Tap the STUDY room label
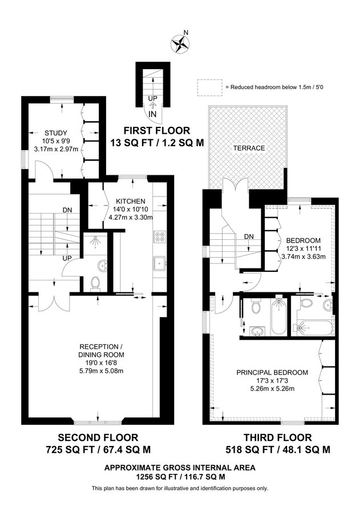[56, 133]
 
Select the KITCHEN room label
[131, 201]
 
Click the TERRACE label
[249, 148]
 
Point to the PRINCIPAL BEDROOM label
[272, 372]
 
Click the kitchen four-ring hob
[160, 236]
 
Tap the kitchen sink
[160, 263]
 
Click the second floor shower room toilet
[95, 283]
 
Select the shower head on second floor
[94, 240]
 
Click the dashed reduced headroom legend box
[209, 87]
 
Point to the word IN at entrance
[152, 114]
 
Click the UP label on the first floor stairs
[152, 98]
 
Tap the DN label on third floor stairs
[249, 236]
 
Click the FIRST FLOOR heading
[156, 130]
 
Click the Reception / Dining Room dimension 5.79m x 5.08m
[100, 371]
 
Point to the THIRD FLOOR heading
[277, 437]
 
